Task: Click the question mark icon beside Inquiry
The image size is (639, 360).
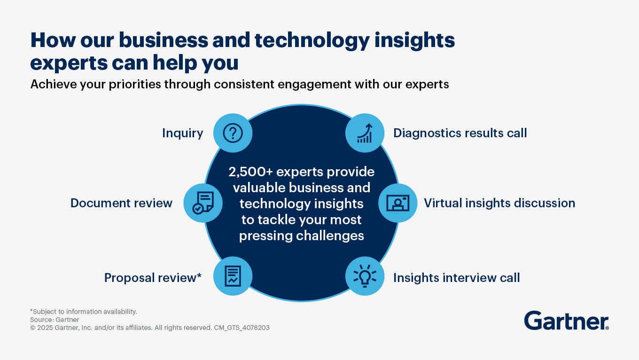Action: point(233,133)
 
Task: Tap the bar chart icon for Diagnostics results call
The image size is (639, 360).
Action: point(365,133)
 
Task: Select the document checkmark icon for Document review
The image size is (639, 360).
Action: point(203,203)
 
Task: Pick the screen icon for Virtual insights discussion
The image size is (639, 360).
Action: point(397,203)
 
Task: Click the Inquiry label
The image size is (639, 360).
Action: point(183,133)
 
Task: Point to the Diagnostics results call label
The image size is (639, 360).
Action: point(460,133)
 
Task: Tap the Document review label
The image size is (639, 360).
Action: point(121,203)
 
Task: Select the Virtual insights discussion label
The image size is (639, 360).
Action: point(499,203)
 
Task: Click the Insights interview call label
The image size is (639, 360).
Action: point(456,278)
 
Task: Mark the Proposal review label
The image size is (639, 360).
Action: point(153,278)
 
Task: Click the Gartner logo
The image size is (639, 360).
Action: point(566,321)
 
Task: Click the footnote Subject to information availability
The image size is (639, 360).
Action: point(84,312)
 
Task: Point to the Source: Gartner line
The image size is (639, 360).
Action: point(55,320)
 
